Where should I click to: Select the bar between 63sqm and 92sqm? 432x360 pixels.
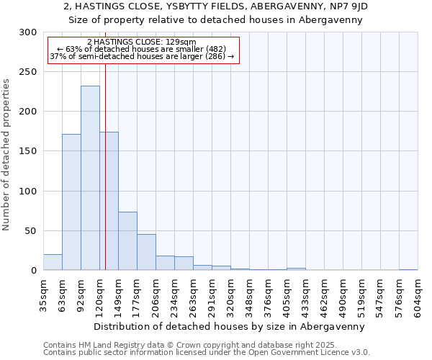click(71, 202)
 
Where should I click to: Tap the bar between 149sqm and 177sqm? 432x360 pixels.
click(127, 240)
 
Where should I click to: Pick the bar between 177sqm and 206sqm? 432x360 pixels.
click(146, 252)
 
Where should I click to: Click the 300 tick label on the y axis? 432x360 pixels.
click(28, 32)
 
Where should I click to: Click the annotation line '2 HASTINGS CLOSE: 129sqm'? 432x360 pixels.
click(141, 42)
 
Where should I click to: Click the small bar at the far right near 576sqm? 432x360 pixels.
click(408, 269)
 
